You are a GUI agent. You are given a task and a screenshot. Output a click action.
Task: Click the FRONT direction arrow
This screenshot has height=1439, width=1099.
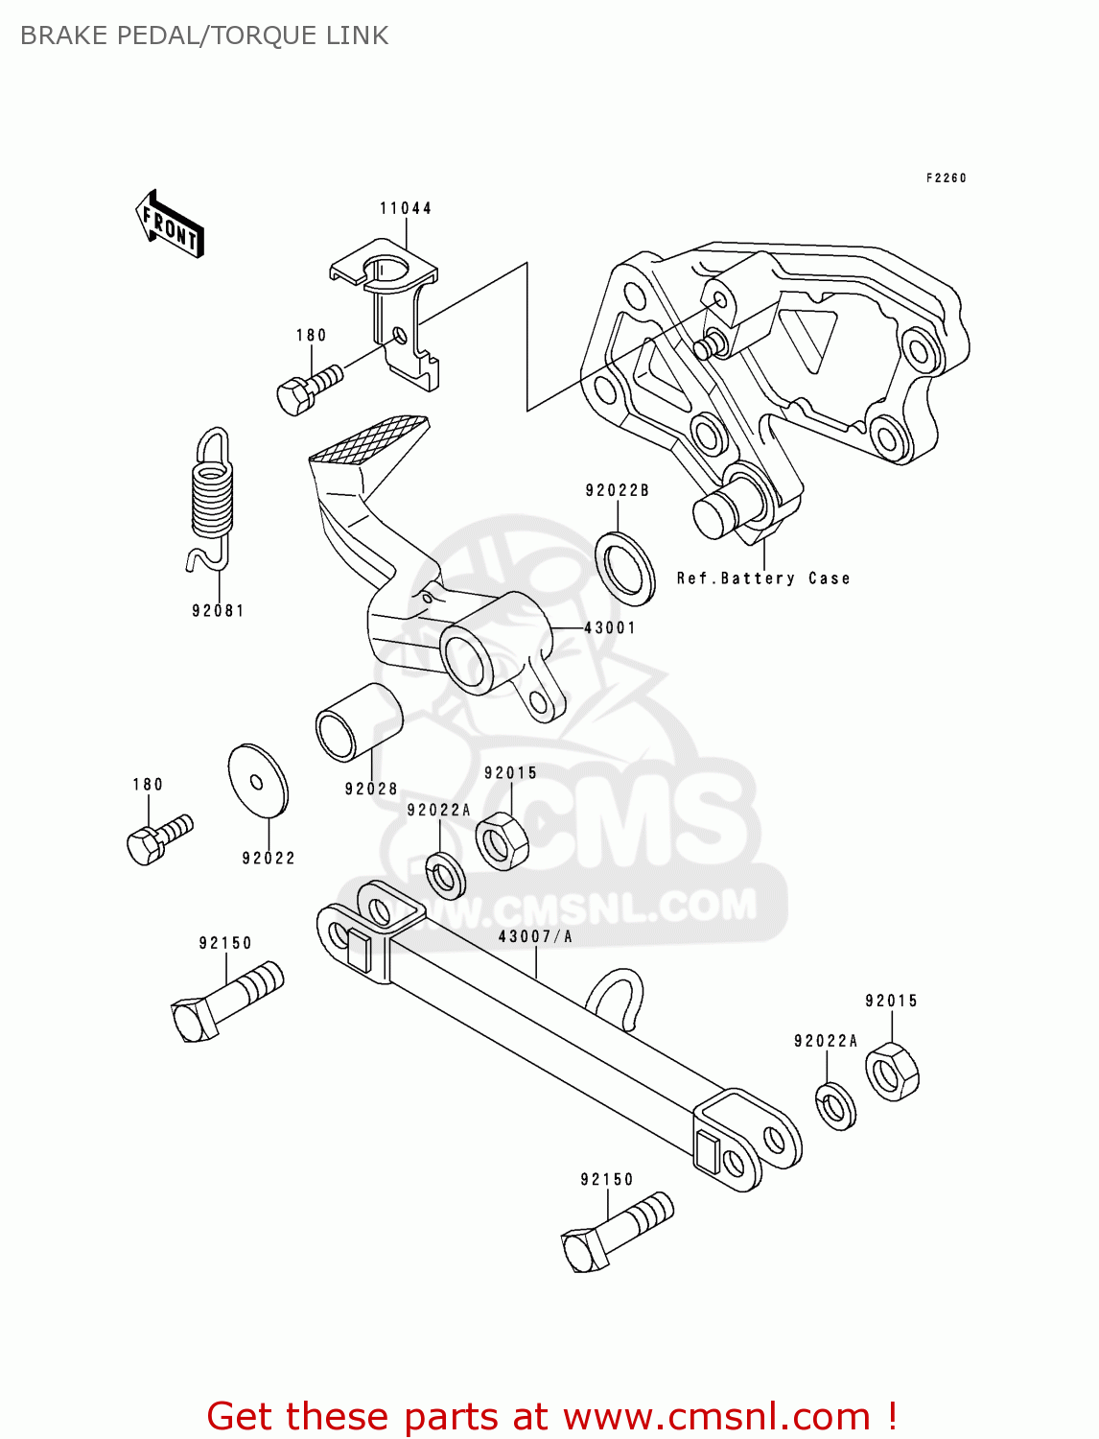(171, 224)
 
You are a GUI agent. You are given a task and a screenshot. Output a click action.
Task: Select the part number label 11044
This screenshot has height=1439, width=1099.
(405, 208)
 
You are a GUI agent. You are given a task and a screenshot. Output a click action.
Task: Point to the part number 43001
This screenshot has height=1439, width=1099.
(610, 628)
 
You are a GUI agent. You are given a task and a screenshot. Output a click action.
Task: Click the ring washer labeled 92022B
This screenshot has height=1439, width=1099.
(625, 567)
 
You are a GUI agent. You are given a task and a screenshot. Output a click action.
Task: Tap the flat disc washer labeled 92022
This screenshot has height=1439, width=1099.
(258, 781)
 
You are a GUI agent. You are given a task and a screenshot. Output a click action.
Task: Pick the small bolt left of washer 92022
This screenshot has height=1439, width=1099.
(158, 840)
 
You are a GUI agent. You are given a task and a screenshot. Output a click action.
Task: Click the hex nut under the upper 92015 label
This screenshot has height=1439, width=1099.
(501, 841)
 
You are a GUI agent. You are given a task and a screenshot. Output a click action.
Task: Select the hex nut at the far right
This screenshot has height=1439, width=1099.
(892, 1073)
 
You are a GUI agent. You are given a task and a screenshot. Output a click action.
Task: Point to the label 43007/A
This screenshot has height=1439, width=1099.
(534, 937)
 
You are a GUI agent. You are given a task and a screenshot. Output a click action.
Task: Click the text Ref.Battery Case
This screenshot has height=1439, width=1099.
(763, 578)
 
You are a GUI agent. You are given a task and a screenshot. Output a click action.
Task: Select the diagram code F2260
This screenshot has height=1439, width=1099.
(946, 178)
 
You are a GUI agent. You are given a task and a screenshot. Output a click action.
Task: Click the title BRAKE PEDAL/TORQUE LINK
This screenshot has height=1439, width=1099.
(204, 35)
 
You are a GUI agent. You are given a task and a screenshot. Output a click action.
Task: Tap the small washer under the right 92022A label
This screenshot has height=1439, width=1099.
(836, 1106)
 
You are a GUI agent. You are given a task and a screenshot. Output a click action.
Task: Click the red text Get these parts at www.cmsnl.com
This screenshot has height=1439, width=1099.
(551, 1417)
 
